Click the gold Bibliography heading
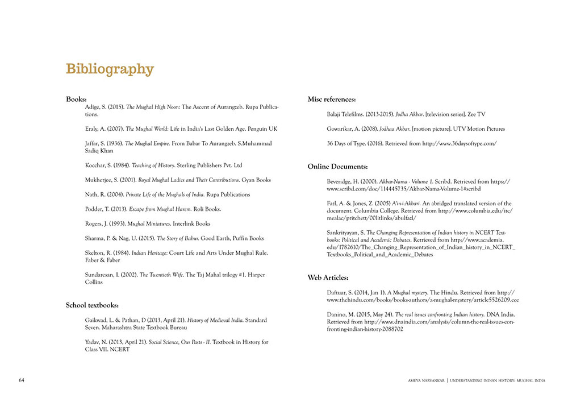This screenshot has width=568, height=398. coord(110,69)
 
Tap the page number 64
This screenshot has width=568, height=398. coord(22,380)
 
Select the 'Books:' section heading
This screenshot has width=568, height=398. coord(76,99)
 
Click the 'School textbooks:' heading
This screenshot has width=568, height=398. coord(92,305)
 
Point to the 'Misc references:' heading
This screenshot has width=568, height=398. coord(332,99)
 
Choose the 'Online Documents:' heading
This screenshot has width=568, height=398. coord(337,167)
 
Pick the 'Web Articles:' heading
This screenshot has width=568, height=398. coord(328,277)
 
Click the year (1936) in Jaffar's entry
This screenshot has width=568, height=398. coord(112,143)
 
